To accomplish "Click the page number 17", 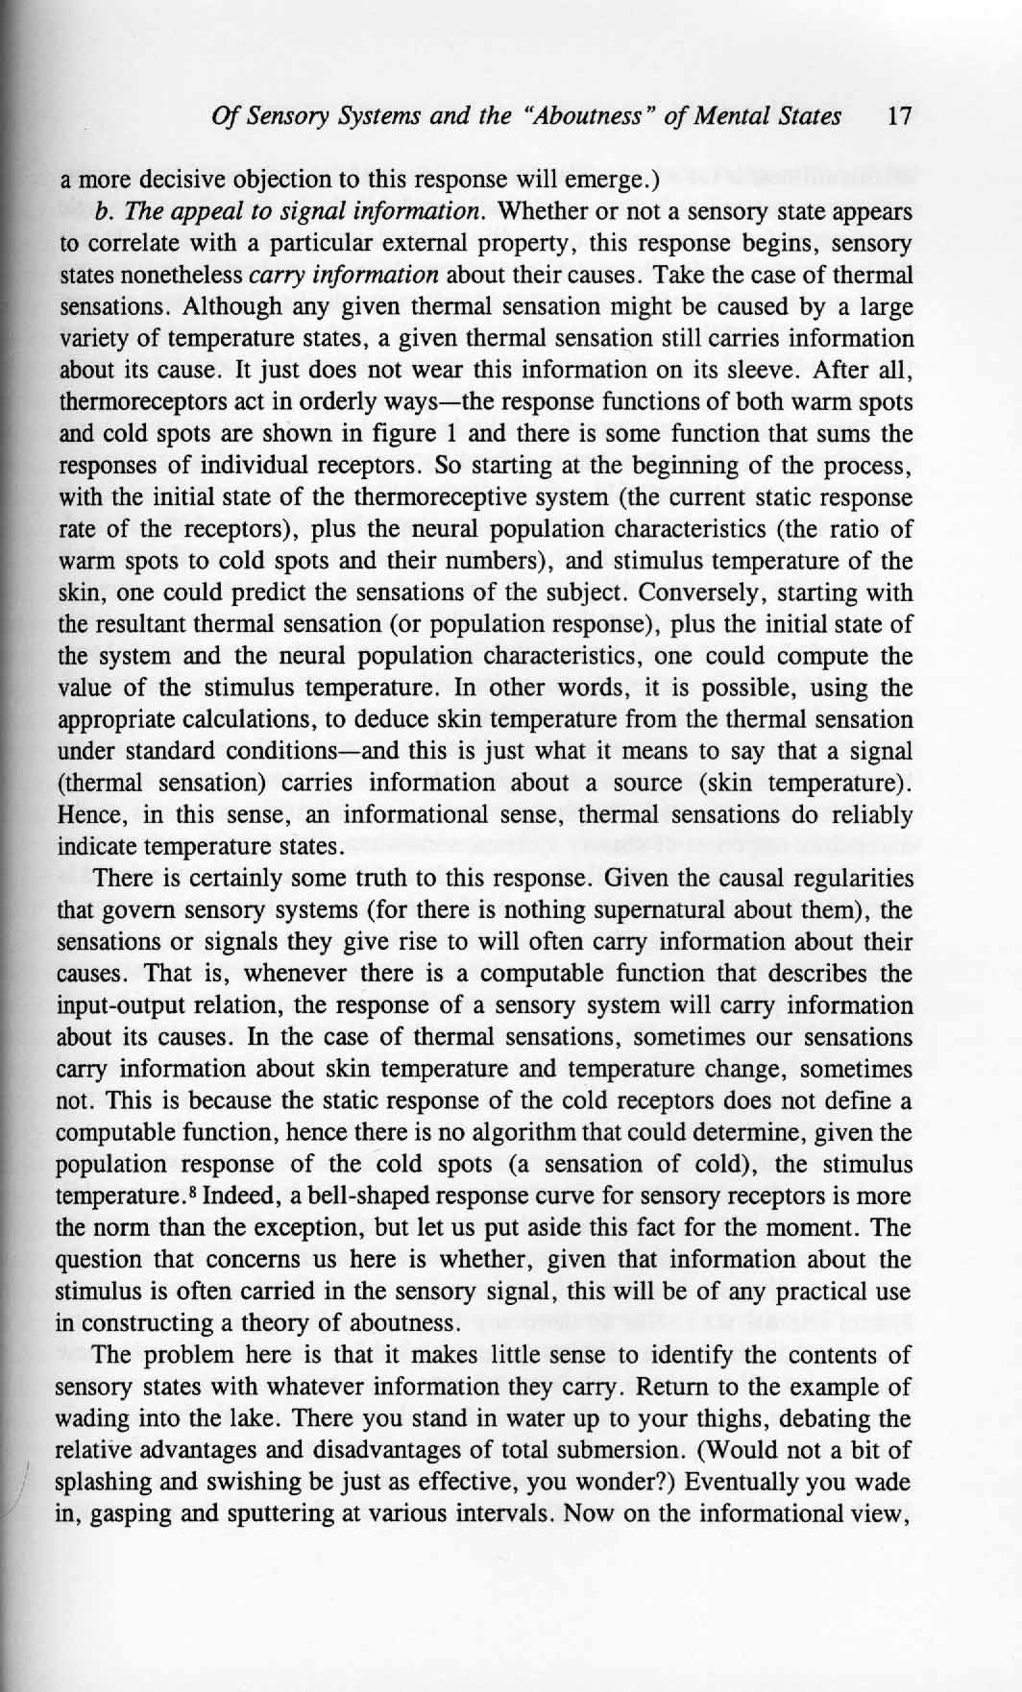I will (x=899, y=118).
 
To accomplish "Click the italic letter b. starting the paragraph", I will (x=103, y=212).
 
